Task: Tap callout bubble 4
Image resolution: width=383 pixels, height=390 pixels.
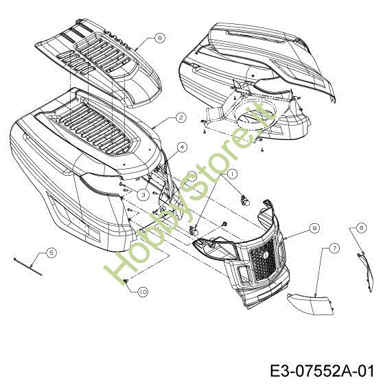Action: (183, 147)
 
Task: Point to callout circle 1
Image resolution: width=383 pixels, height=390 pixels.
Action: (232, 174)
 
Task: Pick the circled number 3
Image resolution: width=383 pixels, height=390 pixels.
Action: (143, 195)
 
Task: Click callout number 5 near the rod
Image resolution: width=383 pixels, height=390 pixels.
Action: (51, 253)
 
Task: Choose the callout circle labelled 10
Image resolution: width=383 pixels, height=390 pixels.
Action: (143, 292)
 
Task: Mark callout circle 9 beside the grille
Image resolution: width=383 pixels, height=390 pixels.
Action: (314, 228)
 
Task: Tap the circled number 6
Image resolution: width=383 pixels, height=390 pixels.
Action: (362, 227)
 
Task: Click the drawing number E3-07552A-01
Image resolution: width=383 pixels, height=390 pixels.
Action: (322, 371)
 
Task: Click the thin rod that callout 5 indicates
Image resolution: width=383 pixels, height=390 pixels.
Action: (28, 266)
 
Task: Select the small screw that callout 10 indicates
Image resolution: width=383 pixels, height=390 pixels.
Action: (126, 281)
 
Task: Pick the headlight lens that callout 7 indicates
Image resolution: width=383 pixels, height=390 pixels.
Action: (310, 303)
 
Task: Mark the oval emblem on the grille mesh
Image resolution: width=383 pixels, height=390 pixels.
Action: (265, 254)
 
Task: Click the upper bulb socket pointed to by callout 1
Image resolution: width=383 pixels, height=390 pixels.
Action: (245, 200)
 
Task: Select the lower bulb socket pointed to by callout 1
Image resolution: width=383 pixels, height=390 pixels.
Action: (194, 230)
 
